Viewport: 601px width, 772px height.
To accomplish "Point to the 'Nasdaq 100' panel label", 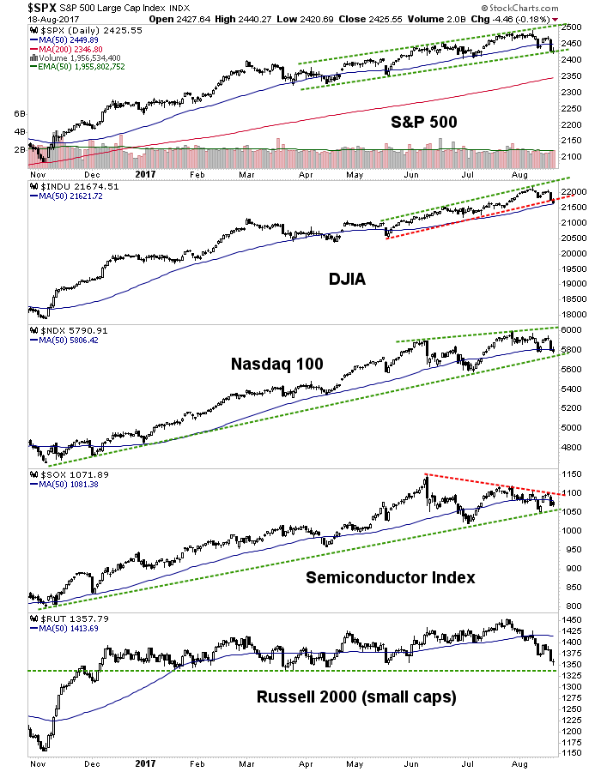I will pos(277,364).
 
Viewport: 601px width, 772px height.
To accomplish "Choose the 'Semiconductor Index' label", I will pos(391,577).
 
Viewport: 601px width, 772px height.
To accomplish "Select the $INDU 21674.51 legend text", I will pos(70,186).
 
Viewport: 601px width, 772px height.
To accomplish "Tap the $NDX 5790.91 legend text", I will pos(68,329).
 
